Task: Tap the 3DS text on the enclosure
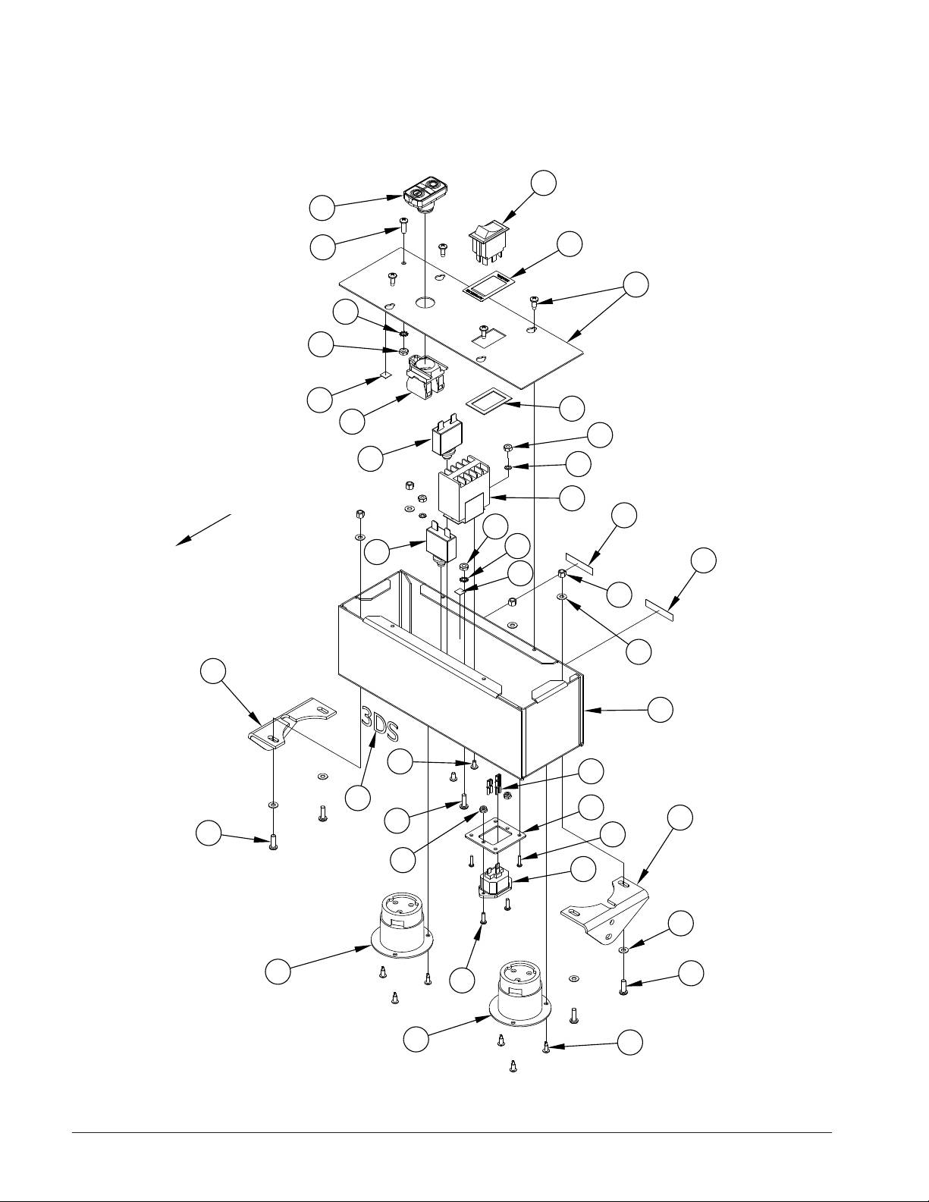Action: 379,724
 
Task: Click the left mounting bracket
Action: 290,723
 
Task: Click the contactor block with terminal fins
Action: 463,489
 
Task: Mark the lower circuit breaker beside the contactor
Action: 441,545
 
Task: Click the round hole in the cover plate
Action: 425,302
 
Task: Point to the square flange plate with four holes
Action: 495,840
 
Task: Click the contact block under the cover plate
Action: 426,377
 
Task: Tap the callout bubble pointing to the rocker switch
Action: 543,183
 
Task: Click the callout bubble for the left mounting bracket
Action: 213,671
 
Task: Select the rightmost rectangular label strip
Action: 661,607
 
